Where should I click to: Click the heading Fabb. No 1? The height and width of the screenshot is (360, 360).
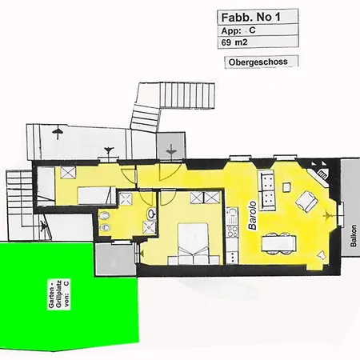pos(251,18)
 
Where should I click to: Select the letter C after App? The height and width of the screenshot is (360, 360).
pos(252,30)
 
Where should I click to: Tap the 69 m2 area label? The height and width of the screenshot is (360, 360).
pos(234,42)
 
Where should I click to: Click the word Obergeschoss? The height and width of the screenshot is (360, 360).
pos(258,62)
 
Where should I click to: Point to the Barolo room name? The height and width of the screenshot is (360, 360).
pos(252,215)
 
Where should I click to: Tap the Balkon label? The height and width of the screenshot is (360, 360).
pos(354,236)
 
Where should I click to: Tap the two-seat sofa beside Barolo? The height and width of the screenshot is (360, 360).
pos(266,190)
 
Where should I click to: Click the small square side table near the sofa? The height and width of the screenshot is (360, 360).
pos(286,187)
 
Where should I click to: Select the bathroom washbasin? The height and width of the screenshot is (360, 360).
pos(152,213)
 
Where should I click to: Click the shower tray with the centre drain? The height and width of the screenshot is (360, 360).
pos(150,227)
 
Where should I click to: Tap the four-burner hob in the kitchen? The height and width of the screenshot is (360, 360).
pos(232,231)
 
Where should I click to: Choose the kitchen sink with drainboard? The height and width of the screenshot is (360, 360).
pos(232,216)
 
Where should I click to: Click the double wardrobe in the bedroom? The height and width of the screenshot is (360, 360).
pos(205,198)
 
